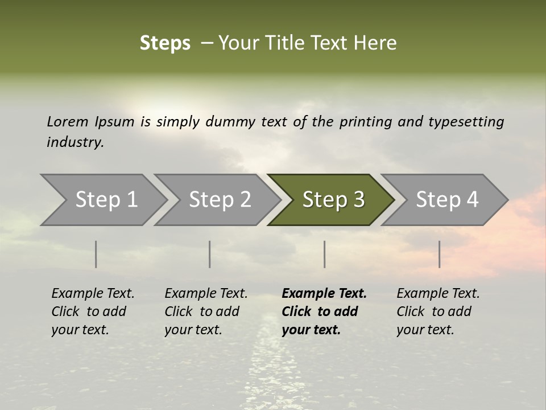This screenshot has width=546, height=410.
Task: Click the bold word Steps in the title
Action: point(165,43)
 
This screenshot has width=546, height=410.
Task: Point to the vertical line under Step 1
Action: point(96,254)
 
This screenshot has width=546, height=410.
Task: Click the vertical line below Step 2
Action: point(210,254)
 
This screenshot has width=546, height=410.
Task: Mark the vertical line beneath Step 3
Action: point(325,254)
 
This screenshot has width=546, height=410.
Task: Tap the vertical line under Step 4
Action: point(439,254)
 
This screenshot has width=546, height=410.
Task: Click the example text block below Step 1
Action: point(93,311)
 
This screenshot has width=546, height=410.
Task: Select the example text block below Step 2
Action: point(206,311)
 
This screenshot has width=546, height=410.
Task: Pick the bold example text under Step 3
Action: point(324,311)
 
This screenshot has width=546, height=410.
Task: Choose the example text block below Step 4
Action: point(438,311)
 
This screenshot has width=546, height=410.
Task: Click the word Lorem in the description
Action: point(67,121)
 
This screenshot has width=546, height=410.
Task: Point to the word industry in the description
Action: point(75,142)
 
